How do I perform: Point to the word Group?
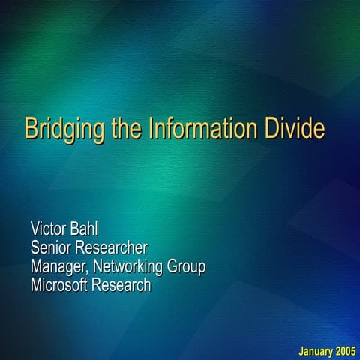[x=187, y=267]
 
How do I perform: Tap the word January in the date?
[x=315, y=351]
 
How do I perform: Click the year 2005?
[x=345, y=351]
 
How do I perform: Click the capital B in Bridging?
[x=31, y=128]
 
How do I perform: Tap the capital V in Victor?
[x=34, y=228]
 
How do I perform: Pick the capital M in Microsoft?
[x=36, y=285]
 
